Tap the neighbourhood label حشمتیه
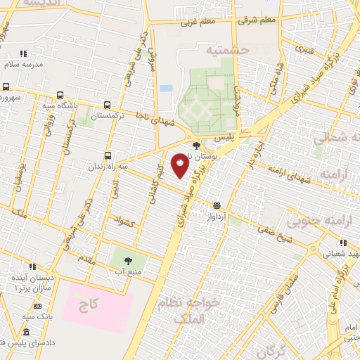point(228,50)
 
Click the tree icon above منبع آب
point(127,261)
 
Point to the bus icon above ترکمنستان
point(106,103)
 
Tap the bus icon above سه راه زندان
point(107,155)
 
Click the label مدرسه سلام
point(24,63)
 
